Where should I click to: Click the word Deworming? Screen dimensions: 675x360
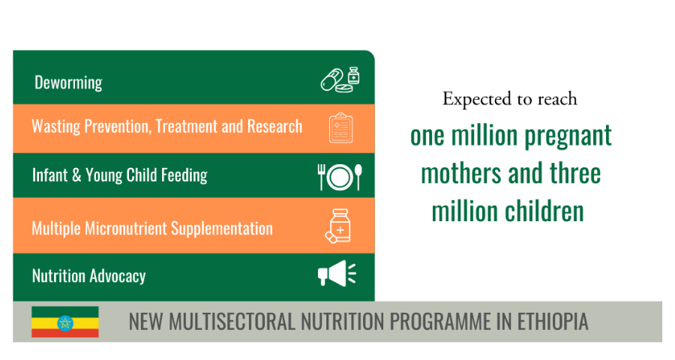tap(68, 82)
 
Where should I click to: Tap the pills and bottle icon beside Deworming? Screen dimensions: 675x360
tap(340, 79)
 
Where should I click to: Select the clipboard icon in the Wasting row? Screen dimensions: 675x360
tap(341, 128)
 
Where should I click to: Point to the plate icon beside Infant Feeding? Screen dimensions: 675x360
tap(340, 177)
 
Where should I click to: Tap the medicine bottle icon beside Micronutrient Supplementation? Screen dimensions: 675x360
tap(338, 226)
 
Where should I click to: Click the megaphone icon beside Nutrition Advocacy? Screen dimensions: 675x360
tap(337, 273)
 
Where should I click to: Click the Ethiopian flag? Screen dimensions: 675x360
tap(65, 322)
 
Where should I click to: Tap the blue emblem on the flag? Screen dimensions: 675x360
tap(65, 322)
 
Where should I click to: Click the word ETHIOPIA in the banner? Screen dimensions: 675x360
tap(552, 321)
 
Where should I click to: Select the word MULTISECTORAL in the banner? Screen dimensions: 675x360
tap(232, 321)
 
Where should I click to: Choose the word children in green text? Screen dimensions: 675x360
tap(544, 211)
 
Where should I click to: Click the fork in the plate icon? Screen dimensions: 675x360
tap(321, 177)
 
